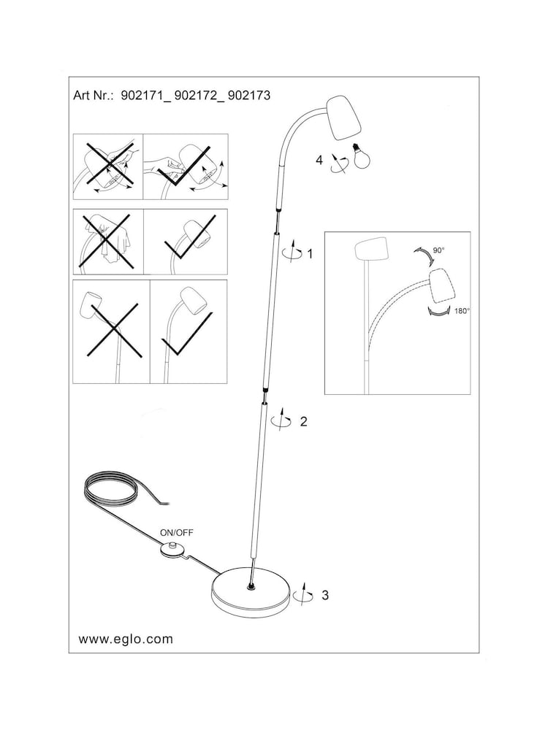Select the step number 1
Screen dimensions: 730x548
tap(310, 254)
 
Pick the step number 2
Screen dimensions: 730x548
tap(303, 421)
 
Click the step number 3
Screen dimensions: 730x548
tap(324, 595)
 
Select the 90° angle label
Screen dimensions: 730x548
tap(438, 250)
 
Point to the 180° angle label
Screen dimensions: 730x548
tap(462, 310)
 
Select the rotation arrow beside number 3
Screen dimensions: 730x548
tap(302, 595)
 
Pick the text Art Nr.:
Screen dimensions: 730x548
tap(94, 96)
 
